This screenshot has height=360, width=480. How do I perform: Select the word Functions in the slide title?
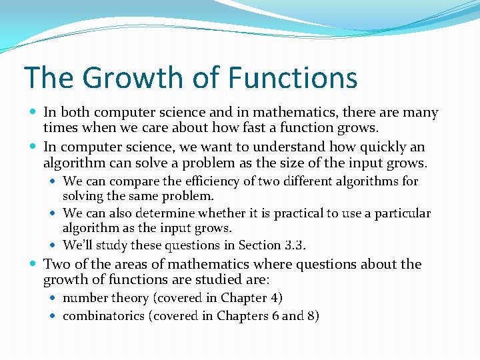293,77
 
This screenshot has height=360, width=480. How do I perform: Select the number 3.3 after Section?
293,246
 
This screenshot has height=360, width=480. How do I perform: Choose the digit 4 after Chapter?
275,298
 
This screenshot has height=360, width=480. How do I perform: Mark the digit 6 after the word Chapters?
275,316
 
